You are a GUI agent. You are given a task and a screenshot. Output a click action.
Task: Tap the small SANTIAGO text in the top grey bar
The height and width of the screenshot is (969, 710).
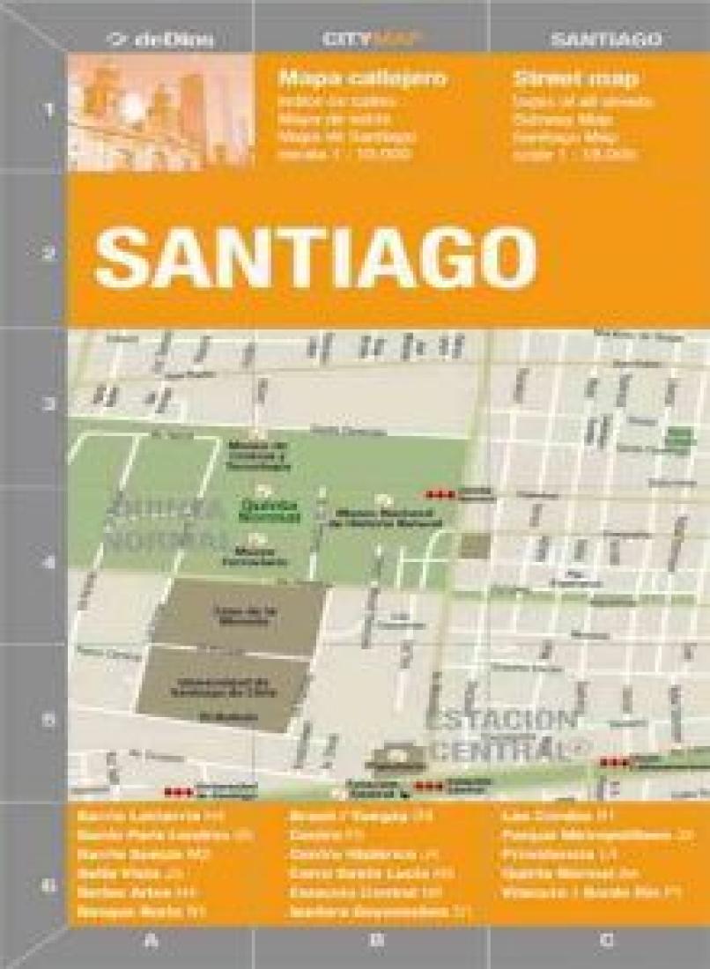click(606, 39)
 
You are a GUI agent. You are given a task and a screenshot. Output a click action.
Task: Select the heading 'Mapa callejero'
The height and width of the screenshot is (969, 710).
click(363, 78)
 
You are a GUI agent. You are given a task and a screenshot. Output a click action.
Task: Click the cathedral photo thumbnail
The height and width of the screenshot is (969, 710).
click(160, 113)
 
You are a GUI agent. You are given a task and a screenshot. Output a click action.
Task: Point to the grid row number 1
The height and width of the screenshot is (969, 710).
click(48, 112)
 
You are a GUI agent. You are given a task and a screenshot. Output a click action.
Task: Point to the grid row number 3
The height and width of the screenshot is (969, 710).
click(48, 405)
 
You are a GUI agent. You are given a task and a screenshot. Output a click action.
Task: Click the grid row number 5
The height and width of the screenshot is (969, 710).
click(48, 718)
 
